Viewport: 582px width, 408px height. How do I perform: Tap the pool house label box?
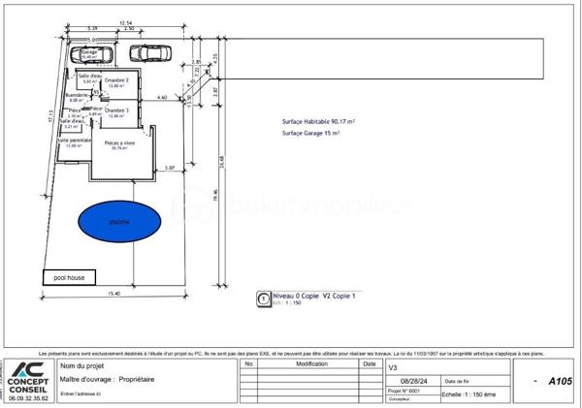tap(69, 277)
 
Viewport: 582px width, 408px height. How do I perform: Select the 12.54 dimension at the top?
tap(125, 20)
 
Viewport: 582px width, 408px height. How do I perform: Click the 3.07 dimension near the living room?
tap(169, 169)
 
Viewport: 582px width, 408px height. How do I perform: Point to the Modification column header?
tap(310, 365)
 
